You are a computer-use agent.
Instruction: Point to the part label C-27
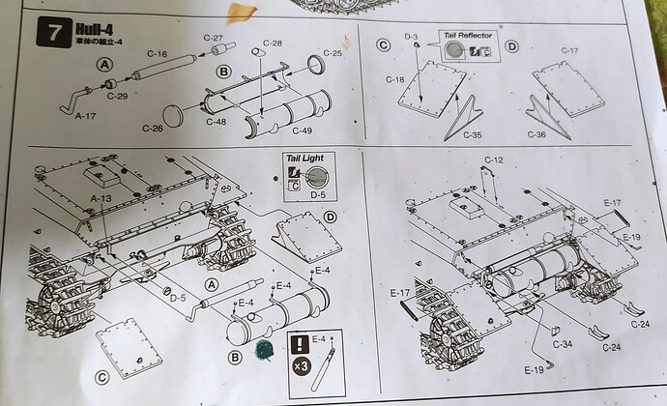point(215,37)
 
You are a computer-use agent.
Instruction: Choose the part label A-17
point(88,113)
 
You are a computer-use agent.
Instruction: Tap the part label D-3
point(410,37)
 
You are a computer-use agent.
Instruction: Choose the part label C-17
point(569,50)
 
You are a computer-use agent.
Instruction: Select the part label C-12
point(494,159)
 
